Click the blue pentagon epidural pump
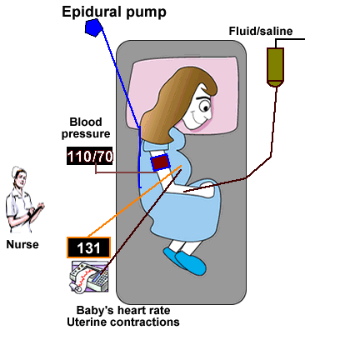coord(94,27)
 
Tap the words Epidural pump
coord(114,12)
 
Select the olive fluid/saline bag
coord(275,67)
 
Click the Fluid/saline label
coord(261,31)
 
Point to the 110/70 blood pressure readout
coord(90,156)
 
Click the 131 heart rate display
coord(88,247)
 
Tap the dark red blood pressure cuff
coord(160,162)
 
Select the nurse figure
coord(23,200)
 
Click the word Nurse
coord(22,244)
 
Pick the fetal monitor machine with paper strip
coord(88,277)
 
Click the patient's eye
coord(206,107)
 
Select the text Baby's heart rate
coord(123,310)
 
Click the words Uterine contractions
coord(123,322)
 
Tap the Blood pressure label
coord(86,127)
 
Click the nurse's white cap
coord(17,171)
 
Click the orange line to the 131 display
coord(134,202)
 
